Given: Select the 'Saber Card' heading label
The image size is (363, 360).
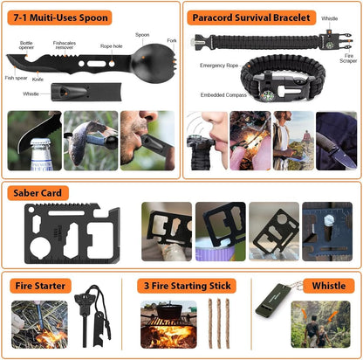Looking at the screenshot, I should click(x=36, y=193).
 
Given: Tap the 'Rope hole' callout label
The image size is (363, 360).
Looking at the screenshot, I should click(x=111, y=46).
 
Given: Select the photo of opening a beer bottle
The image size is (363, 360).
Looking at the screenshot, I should click(x=32, y=140).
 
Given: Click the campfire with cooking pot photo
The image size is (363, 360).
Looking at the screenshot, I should click(x=169, y=324).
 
